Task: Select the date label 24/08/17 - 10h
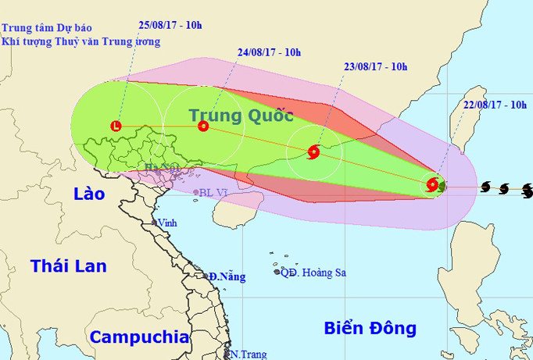[270, 53]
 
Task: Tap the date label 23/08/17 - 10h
[376, 67]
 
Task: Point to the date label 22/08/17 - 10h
[495, 105]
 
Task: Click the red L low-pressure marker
[116, 125]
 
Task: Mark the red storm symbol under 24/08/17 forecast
[203, 125]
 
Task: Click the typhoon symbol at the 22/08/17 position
[433, 185]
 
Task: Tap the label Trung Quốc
[241, 116]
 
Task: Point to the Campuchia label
[139, 337]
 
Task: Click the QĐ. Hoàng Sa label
[313, 273]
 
